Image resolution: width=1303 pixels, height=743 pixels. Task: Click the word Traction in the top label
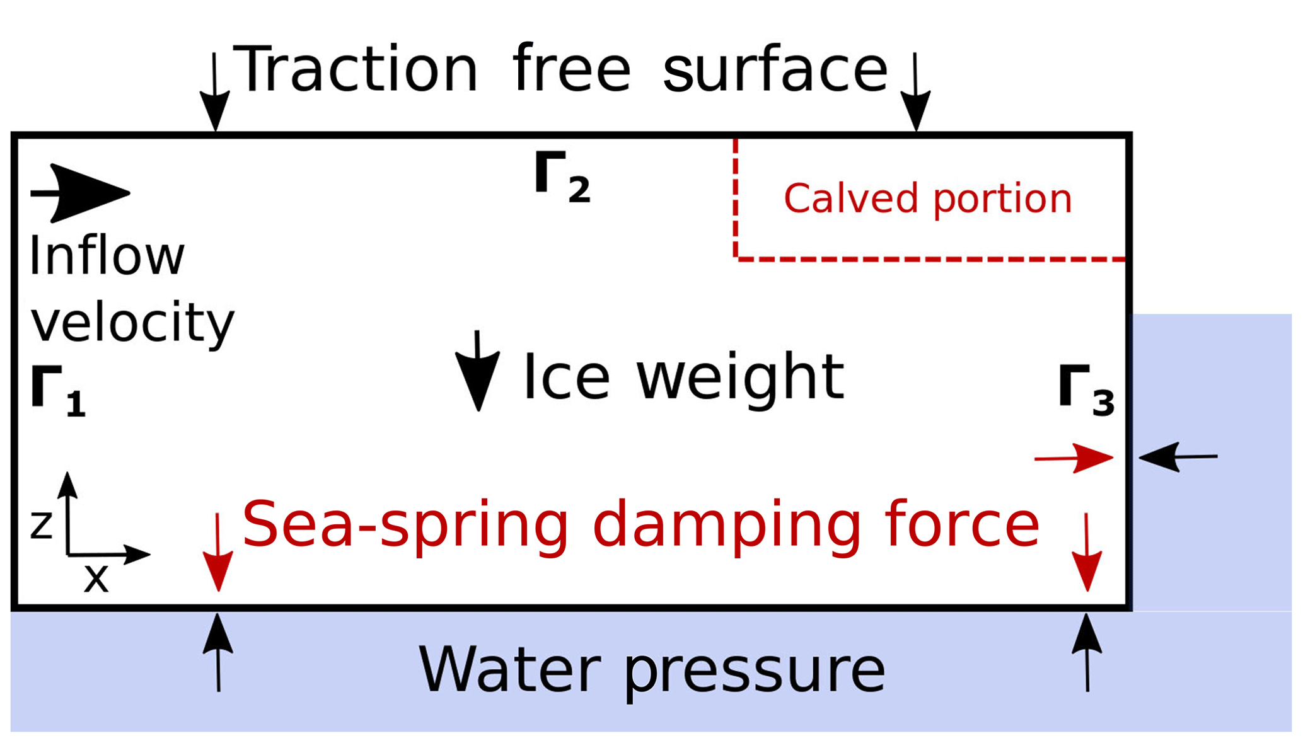click(x=357, y=69)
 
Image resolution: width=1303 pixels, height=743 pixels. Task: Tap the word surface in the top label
click(x=775, y=69)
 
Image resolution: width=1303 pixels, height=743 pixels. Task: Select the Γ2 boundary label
click(x=562, y=178)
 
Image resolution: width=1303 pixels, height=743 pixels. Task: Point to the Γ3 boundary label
click(x=1086, y=391)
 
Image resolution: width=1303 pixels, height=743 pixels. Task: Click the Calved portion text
click(x=927, y=199)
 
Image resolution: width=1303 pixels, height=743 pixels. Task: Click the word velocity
click(x=132, y=323)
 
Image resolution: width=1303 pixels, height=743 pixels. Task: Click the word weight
click(x=740, y=378)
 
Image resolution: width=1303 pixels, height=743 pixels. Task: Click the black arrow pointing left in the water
click(x=1178, y=457)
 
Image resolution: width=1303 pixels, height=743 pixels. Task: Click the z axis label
click(x=42, y=525)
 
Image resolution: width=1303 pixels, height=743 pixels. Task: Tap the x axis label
click(x=96, y=577)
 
